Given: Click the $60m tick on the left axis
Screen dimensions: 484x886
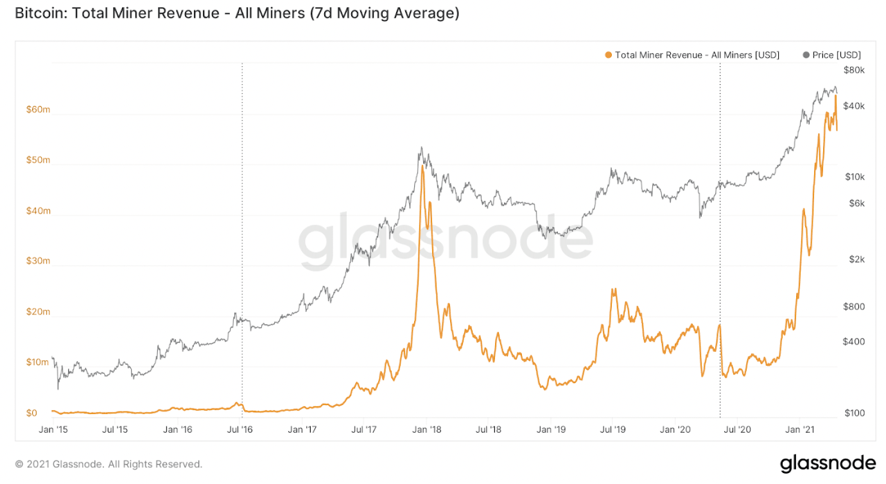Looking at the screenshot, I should [37, 109].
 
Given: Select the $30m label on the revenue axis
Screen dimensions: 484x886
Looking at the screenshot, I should [37, 261].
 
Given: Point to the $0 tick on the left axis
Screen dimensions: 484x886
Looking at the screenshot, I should [31, 413].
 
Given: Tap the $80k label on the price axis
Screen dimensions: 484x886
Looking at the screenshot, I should [854, 69].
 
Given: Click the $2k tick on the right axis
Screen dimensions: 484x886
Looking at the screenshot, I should [852, 259].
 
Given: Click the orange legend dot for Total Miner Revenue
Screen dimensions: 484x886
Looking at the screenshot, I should [608, 55].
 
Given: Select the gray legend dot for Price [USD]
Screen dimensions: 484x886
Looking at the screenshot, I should [806, 55].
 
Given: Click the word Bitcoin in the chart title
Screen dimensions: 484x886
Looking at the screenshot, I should [39, 13].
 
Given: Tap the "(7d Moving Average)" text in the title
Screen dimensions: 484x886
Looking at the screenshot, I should [385, 13].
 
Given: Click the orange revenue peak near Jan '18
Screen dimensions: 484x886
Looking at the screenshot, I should [422, 168].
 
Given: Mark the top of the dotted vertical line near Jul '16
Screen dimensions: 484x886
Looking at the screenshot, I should [242, 64].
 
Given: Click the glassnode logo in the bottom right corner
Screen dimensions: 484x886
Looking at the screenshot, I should [828, 463].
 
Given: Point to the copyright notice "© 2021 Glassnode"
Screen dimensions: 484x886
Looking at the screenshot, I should [109, 463].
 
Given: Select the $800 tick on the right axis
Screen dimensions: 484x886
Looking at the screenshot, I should [853, 307].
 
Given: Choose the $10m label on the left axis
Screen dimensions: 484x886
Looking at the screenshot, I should [37, 362].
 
